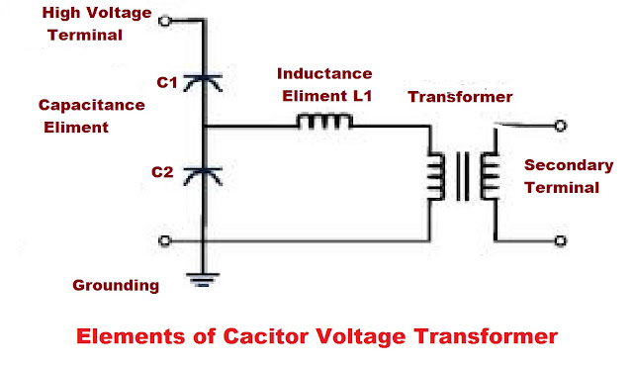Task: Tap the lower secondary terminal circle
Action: (x=560, y=239)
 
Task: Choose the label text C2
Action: (x=163, y=171)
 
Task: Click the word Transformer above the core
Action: (x=460, y=97)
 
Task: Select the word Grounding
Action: (x=116, y=286)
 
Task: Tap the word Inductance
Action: (x=323, y=74)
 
